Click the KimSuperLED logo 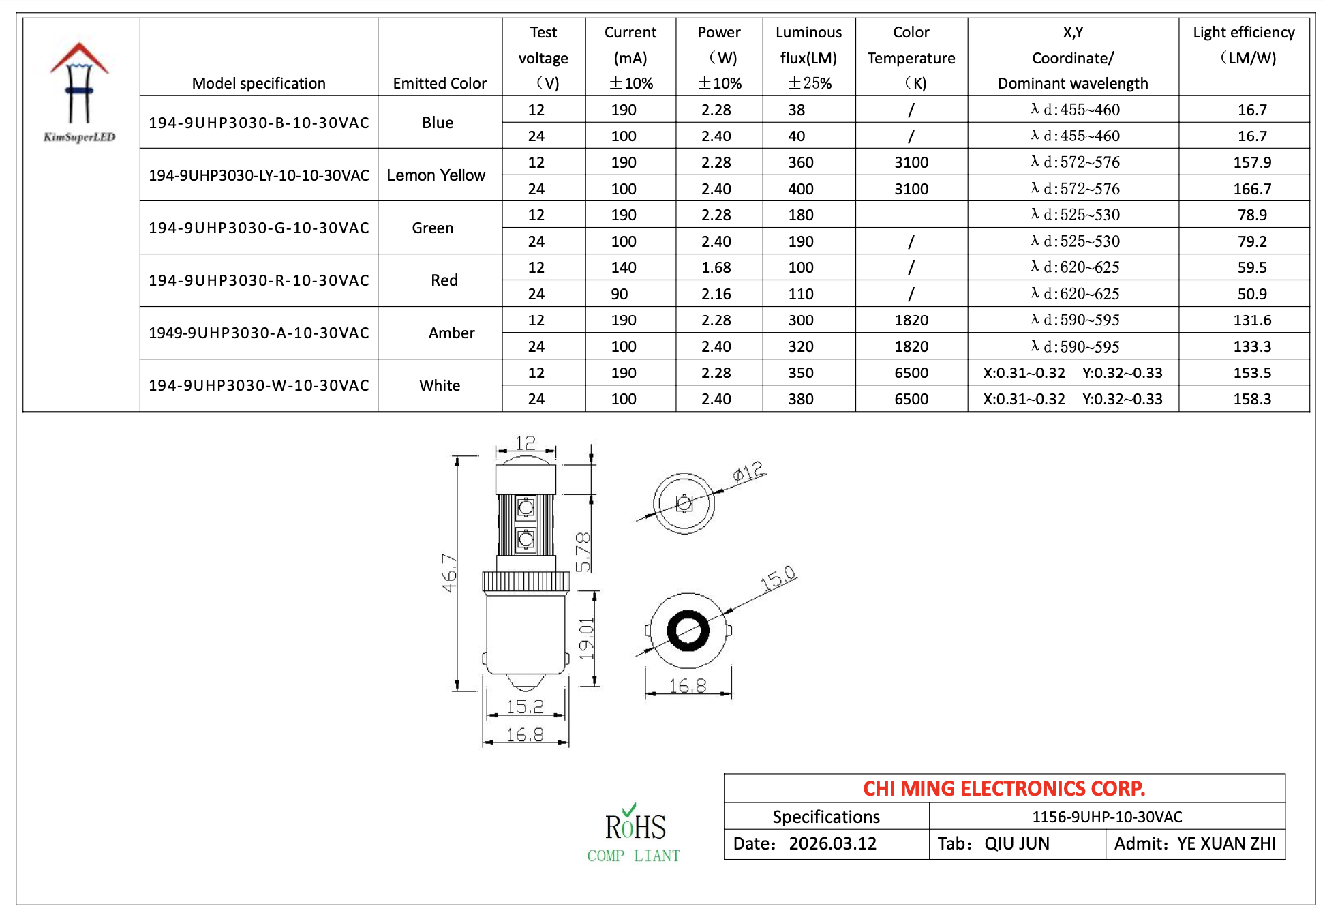tap(79, 92)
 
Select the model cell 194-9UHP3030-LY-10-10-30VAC tap(258, 175)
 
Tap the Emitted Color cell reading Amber tap(451, 333)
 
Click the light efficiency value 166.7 tap(1251, 189)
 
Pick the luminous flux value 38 tap(796, 110)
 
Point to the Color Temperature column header tap(911, 57)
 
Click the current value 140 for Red tap(623, 267)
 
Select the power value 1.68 tap(716, 267)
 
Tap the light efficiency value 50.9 tap(1251, 294)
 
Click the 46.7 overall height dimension tap(448, 573)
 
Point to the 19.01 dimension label tap(586, 638)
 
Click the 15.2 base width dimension tap(525, 706)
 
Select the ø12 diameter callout tap(748, 472)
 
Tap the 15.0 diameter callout tap(778, 579)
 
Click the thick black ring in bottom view tap(688, 631)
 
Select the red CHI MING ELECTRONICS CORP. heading tap(1003, 788)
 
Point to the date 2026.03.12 tap(832, 843)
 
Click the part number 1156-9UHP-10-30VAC tap(1106, 817)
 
